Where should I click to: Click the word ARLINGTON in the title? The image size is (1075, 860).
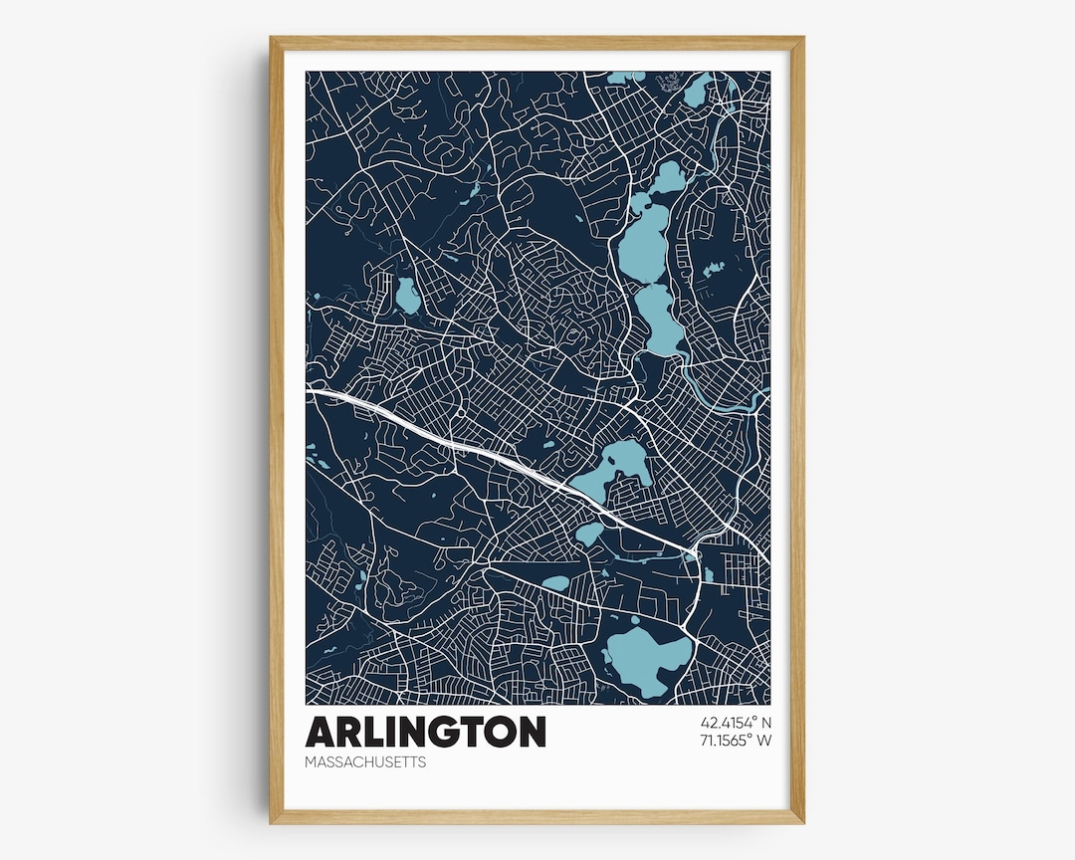tap(425, 732)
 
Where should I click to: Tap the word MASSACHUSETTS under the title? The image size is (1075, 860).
tap(365, 762)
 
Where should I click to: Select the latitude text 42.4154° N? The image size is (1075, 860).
tap(737, 723)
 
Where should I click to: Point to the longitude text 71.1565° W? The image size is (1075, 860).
tap(737, 741)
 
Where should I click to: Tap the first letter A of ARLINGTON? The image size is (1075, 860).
tap(321, 732)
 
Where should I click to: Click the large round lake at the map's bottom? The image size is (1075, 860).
tap(648, 658)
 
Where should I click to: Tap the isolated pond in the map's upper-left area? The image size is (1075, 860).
tap(406, 296)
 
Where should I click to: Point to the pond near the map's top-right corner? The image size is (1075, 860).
tap(696, 93)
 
